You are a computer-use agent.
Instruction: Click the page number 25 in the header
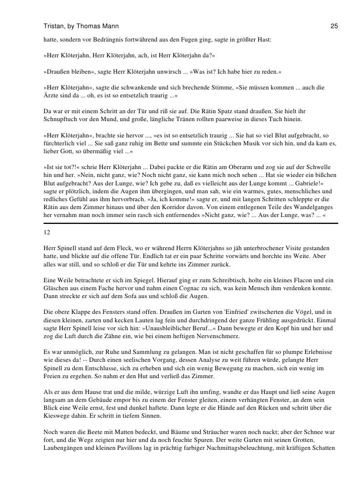334,25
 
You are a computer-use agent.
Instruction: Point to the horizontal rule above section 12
190,223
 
